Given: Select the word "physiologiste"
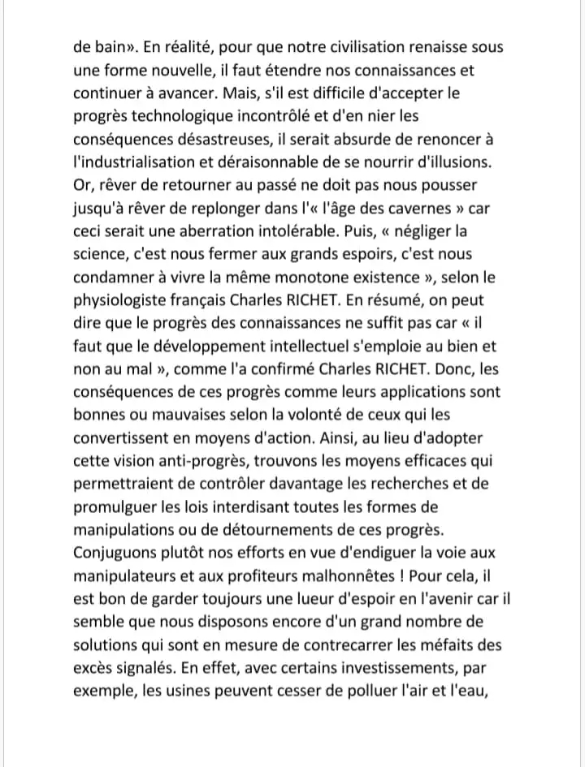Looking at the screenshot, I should click(x=123, y=300).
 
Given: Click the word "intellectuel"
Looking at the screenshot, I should click(x=324, y=346).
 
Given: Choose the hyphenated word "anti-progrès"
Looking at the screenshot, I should click(x=199, y=461).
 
